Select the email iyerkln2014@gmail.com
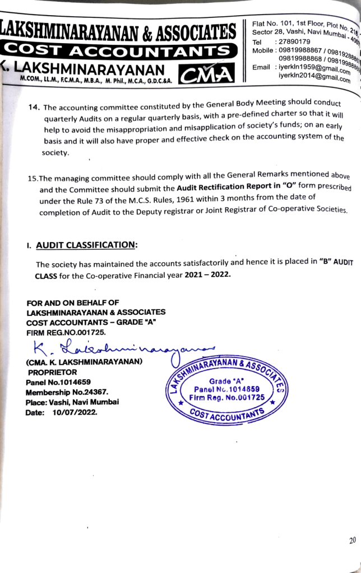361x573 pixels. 314,77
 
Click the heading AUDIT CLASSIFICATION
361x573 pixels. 86,245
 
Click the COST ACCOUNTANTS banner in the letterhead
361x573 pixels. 118,52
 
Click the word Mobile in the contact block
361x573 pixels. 263,50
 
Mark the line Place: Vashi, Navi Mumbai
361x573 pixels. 72,402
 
